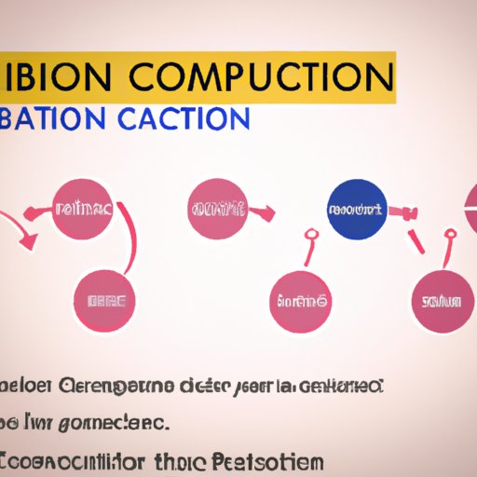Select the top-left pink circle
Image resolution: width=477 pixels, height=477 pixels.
[x=84, y=210]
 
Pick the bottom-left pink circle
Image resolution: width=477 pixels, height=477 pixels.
[x=104, y=300]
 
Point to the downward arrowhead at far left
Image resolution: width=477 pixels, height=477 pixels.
[x=31, y=243]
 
